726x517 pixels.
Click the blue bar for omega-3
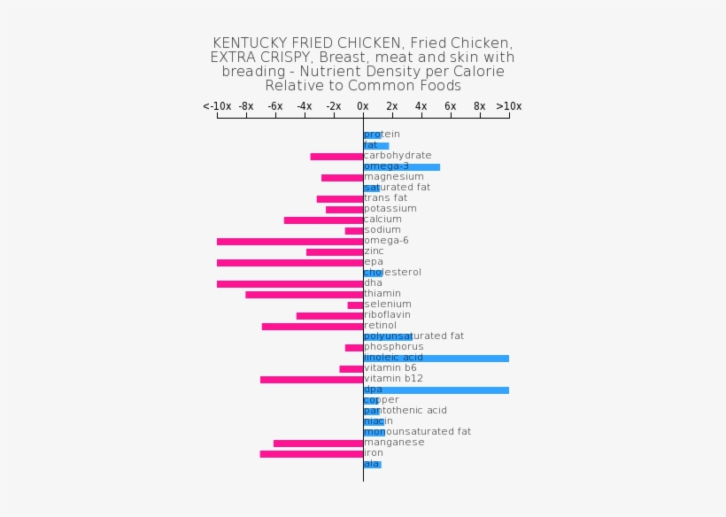point(401,167)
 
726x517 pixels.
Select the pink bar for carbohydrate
point(336,157)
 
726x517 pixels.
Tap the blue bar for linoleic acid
point(436,359)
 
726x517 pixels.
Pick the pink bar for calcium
point(323,220)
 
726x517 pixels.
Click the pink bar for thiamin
point(304,295)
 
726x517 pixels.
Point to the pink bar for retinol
point(312,327)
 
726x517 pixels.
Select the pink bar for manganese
point(318,444)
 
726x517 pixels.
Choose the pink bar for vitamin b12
point(311,380)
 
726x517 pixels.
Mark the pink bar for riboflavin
point(329,316)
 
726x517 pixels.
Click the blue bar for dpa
point(436,390)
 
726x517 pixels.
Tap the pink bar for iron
point(311,454)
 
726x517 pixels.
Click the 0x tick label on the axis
point(363,106)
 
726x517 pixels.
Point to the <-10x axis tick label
point(217,106)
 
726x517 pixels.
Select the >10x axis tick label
point(509,106)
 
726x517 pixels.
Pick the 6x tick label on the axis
point(451,106)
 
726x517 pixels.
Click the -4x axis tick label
point(305,106)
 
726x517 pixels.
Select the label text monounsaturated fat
point(417,432)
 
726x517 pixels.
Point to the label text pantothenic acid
point(405,411)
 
